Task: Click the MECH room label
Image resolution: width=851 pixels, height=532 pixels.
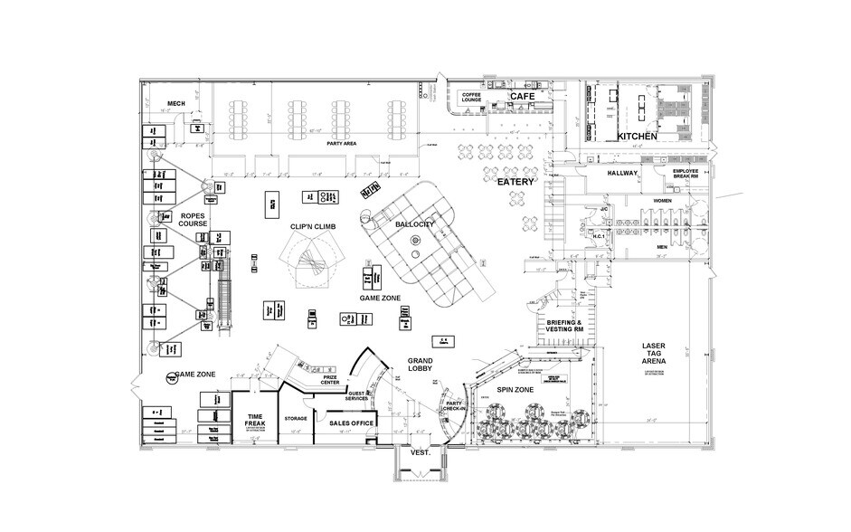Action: [x=175, y=104]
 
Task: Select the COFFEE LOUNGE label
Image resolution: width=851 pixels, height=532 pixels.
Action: [x=473, y=97]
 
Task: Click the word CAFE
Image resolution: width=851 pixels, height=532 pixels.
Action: [x=522, y=95]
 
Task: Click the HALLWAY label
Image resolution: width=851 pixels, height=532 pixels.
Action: [x=622, y=173]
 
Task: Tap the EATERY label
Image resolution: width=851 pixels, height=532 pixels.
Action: [x=516, y=182]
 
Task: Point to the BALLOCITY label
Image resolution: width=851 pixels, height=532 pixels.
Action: [x=415, y=223]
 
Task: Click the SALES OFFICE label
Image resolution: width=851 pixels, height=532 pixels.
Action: [x=352, y=422]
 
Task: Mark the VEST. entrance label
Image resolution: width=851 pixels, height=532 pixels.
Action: [x=419, y=457]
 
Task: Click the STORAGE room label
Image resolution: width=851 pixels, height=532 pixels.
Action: [x=296, y=418]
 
